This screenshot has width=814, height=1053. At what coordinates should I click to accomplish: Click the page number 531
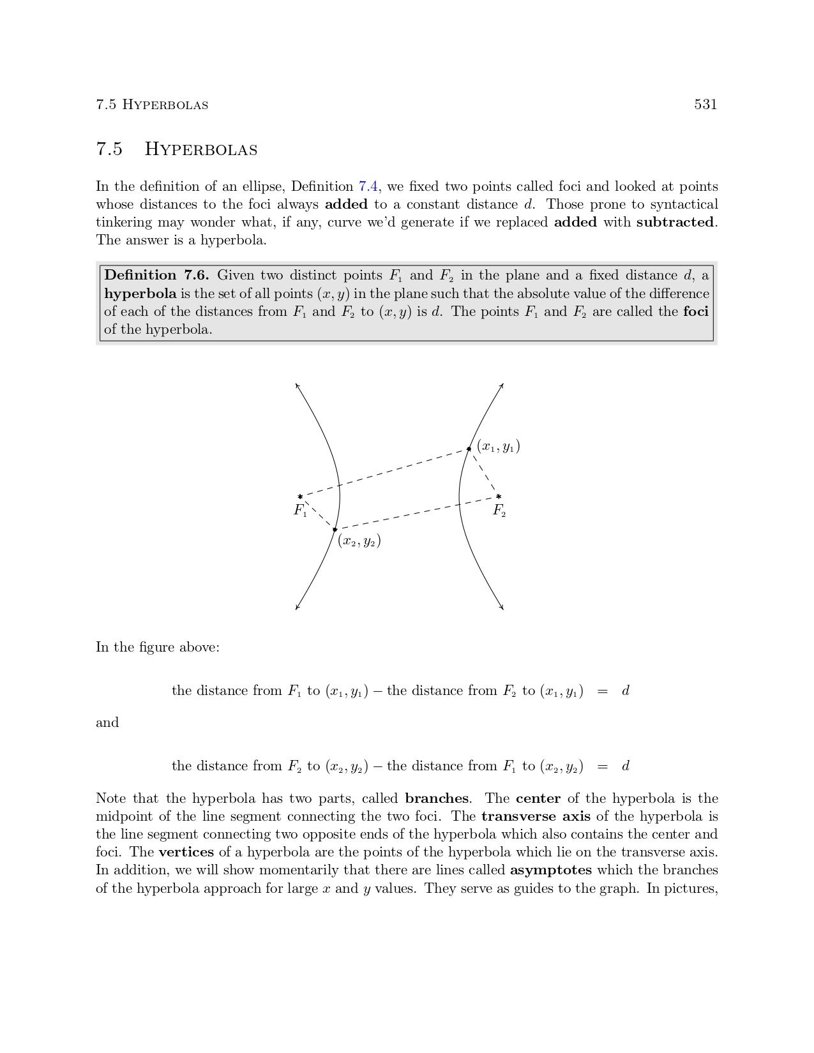click(705, 105)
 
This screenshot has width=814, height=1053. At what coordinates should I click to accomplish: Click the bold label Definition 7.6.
click(156, 276)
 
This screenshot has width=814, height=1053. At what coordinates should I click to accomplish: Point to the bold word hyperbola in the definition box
click(140, 294)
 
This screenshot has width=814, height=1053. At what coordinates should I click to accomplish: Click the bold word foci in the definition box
click(696, 311)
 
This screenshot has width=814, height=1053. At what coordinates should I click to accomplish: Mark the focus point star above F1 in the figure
click(300, 497)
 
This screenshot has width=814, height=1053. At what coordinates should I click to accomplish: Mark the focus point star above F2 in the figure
click(499, 497)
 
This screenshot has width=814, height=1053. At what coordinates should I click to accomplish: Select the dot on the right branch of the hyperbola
click(469, 449)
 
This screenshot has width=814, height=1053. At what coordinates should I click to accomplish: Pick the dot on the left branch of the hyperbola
click(335, 529)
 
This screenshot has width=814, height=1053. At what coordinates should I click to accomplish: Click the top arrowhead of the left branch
click(297, 385)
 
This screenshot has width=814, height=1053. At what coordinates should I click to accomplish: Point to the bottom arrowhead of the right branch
click(502, 608)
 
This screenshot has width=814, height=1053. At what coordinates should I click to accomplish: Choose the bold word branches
click(437, 798)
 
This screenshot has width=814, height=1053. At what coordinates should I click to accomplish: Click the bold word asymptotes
click(551, 870)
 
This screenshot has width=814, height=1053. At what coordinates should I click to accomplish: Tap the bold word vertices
click(186, 852)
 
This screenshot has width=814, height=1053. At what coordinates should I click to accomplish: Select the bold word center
click(538, 798)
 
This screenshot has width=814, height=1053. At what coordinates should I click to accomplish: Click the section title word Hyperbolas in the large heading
click(201, 149)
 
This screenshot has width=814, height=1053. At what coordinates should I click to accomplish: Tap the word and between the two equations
click(107, 722)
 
